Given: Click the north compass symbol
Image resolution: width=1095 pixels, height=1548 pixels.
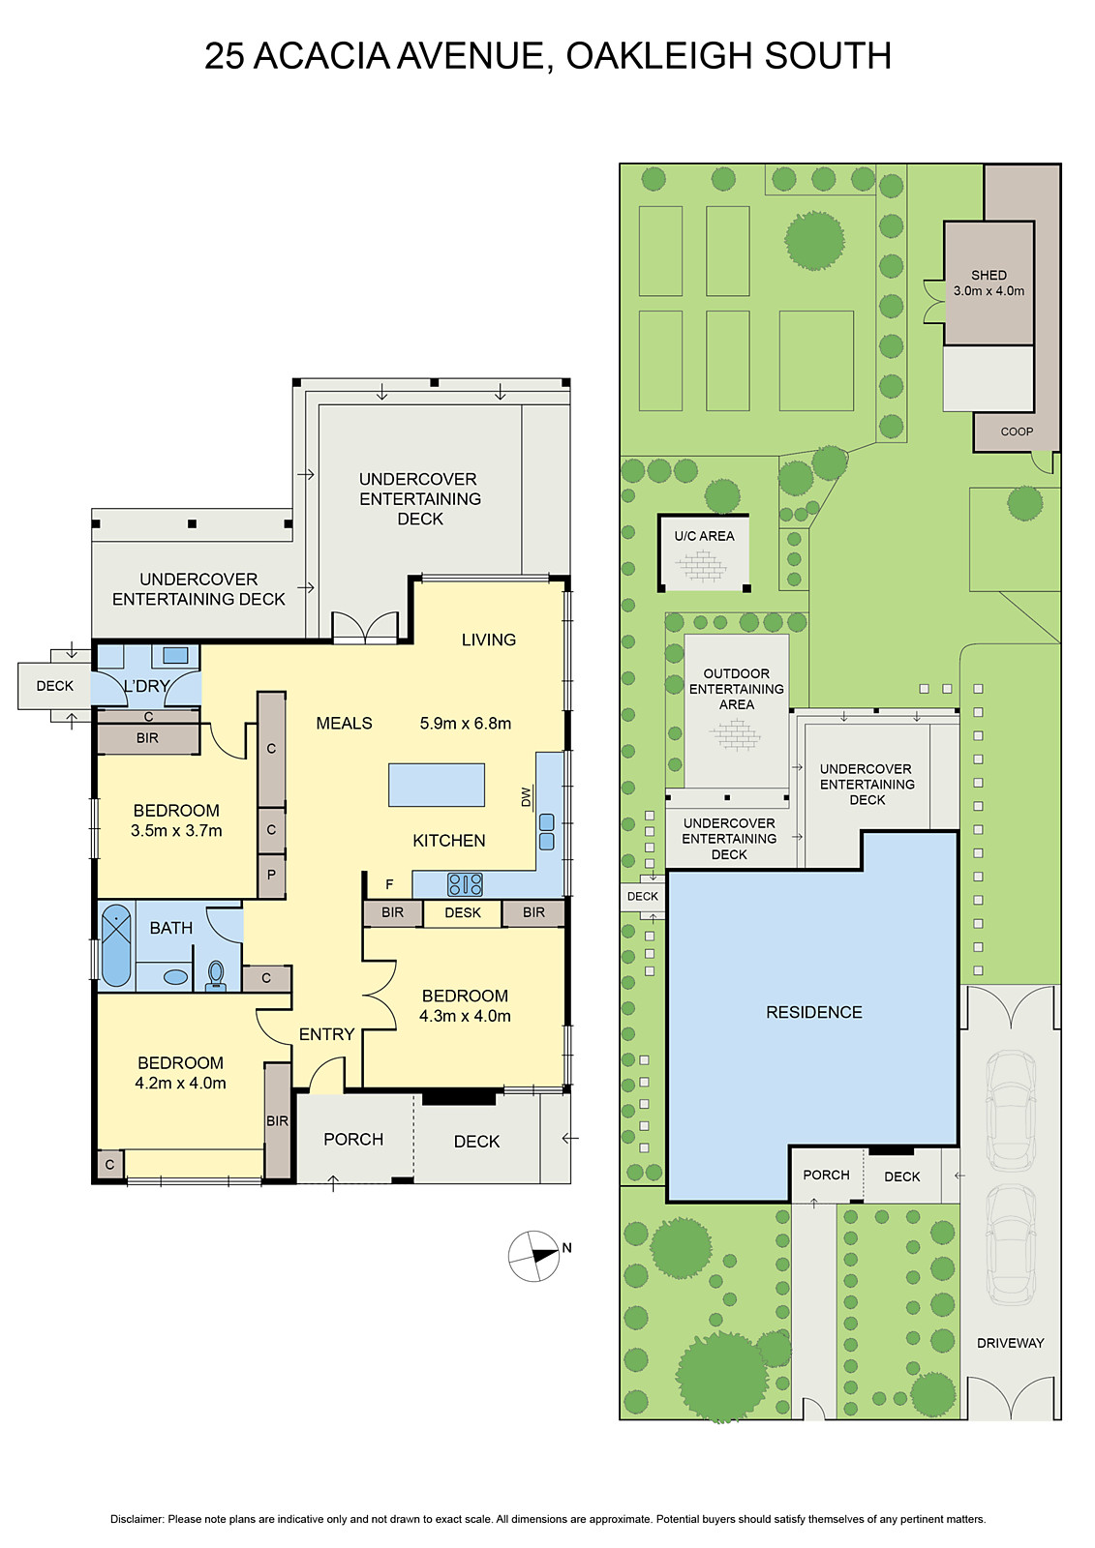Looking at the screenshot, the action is [x=533, y=1256].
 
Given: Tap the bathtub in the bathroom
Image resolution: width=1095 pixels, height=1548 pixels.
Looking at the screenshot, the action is [x=116, y=944].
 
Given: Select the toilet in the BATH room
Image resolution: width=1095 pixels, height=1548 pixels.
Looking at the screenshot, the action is [x=216, y=975].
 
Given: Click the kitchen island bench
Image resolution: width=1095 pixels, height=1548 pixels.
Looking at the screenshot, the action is [x=436, y=785].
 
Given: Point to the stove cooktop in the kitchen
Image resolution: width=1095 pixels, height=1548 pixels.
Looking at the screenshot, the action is [x=465, y=884].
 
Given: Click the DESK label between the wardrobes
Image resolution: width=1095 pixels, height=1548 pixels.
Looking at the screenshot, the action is [x=462, y=912].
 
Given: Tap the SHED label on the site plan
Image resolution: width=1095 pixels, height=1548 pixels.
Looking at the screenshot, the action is [x=989, y=275].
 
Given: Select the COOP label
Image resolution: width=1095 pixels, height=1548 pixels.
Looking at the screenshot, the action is [x=1017, y=432].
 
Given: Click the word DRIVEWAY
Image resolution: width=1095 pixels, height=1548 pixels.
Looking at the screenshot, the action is [x=1010, y=1343].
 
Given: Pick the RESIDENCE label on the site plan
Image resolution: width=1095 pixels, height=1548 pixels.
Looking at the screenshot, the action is [x=813, y=1012].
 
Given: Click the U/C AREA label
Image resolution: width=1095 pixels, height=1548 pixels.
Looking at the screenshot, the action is [x=704, y=536].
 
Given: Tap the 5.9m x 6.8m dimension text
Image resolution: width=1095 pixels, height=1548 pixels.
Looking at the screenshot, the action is [x=465, y=724].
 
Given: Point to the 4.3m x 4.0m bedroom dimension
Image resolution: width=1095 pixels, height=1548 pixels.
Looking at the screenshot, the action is [x=465, y=1016].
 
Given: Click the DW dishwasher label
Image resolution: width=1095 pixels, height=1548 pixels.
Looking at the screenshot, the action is [x=527, y=797].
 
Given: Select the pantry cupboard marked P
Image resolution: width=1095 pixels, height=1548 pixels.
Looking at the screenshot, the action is [x=271, y=875].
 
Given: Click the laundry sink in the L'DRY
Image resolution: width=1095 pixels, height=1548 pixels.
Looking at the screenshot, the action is [x=175, y=655].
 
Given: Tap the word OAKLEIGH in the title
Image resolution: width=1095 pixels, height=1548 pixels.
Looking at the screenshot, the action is [x=654, y=56].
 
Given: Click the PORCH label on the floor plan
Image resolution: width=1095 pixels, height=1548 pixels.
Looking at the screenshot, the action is [x=352, y=1139].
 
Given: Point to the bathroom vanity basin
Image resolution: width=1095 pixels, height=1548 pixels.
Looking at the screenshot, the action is [x=175, y=977].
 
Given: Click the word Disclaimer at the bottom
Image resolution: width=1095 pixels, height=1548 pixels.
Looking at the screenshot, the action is [x=137, y=1519].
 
